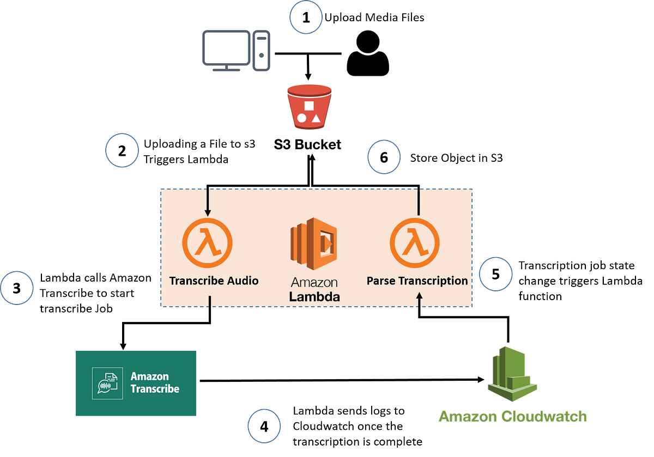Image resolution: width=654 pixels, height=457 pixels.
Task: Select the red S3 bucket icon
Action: tap(308, 107)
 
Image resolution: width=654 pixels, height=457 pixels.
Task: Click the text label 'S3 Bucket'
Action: tap(308, 144)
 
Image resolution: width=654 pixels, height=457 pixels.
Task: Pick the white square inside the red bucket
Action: tap(308, 106)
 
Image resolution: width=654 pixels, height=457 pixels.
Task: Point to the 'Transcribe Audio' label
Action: tap(214, 281)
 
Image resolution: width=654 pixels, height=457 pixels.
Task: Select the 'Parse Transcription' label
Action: tap(417, 281)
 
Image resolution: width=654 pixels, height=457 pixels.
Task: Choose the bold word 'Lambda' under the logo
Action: tap(314, 297)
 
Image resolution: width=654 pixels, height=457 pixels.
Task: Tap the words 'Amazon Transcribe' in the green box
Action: tap(155, 382)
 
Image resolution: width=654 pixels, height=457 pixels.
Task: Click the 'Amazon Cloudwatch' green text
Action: tap(512, 417)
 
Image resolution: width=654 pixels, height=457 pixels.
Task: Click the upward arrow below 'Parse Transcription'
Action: tap(419, 300)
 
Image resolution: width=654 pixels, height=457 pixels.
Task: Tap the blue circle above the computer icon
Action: tap(306, 16)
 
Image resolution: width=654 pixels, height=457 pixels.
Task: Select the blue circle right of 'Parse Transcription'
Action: tap(495, 274)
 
